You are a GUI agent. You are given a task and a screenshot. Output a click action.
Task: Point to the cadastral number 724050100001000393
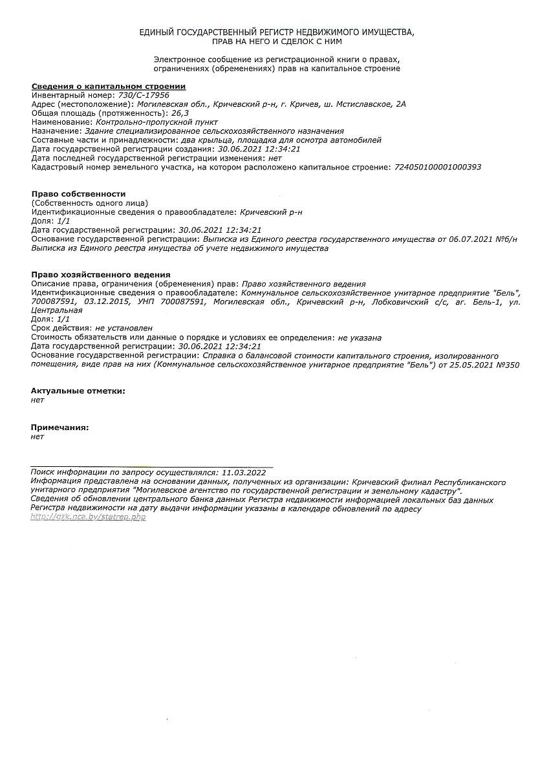437,167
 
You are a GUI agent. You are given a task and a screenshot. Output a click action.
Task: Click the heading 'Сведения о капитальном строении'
109,86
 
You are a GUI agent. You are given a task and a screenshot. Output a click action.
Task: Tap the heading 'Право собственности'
78,194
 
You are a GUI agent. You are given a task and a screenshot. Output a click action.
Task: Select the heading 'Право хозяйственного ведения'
101,275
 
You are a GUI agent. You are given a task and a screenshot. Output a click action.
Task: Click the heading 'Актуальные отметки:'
78,391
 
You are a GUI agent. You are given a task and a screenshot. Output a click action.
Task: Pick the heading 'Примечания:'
60,427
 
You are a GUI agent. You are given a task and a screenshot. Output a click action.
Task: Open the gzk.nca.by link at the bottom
88,517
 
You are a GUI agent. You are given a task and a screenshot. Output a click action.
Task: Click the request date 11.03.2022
244,473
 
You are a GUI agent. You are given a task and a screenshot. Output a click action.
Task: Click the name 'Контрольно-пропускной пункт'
156,122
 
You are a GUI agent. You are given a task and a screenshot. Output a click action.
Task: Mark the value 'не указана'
360,338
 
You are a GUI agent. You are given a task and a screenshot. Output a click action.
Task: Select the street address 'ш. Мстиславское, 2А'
369,104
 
